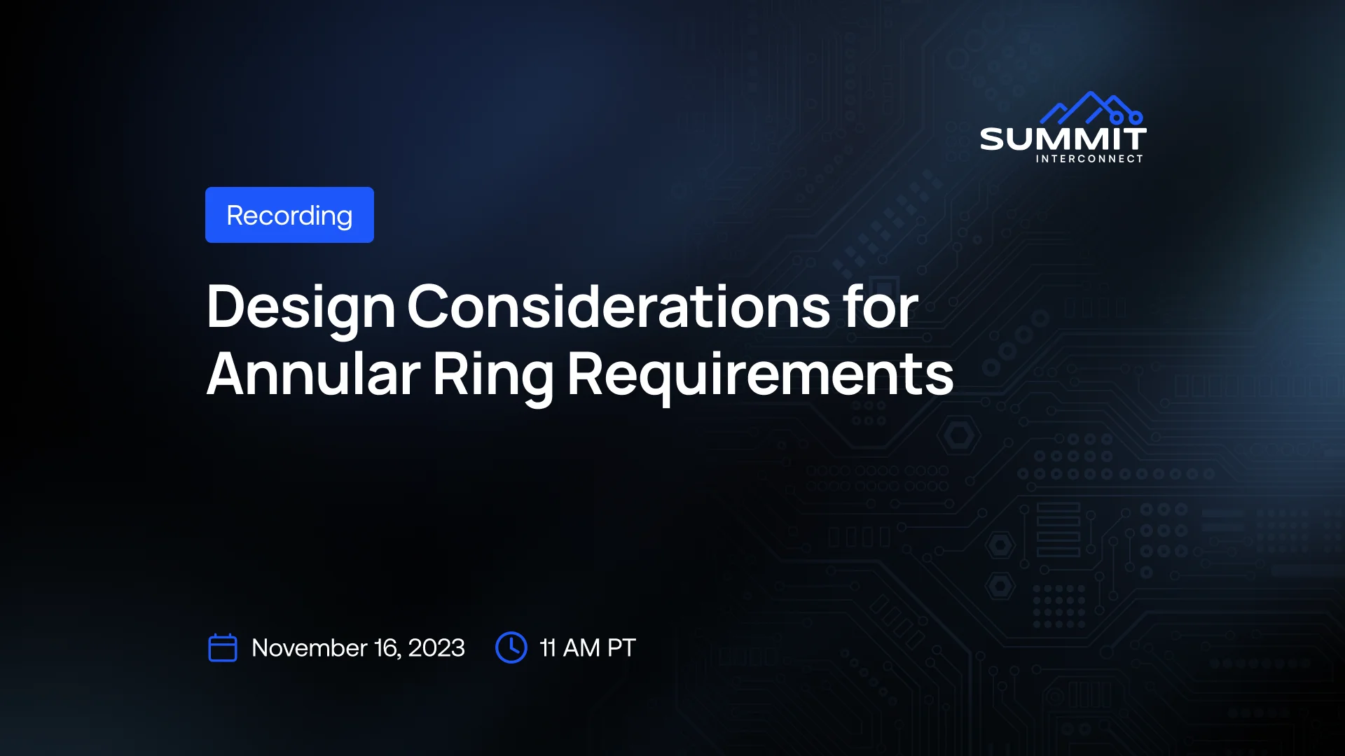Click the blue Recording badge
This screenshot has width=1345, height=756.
(289, 215)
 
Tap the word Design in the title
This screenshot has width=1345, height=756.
(301, 308)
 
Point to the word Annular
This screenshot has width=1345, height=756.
(314, 374)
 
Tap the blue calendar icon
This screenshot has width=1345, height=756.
(223, 647)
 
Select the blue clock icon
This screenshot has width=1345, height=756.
(511, 647)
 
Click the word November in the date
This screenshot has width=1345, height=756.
(310, 648)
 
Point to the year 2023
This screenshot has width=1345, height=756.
(436, 648)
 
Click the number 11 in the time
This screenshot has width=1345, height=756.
(548, 648)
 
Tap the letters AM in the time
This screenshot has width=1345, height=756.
(581, 648)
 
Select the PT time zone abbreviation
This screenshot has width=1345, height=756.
(621, 648)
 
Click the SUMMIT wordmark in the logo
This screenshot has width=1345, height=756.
(1063, 139)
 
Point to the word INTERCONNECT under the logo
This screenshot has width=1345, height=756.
(1089, 159)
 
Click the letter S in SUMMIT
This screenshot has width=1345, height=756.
(992, 139)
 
